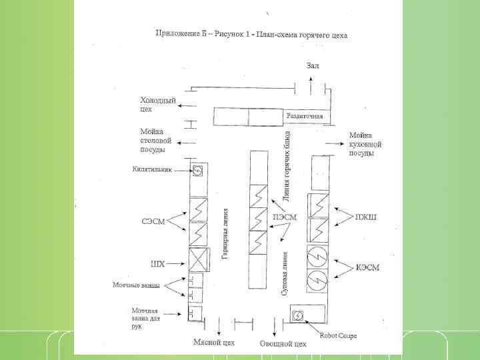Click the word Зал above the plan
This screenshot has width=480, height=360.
tap(313, 65)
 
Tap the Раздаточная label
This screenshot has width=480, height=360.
tap(305, 116)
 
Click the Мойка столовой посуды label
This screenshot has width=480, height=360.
tap(156, 140)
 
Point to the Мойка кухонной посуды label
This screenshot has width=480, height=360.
tap(365, 144)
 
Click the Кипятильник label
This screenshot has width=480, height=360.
tap(152, 169)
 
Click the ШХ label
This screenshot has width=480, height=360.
tap(157, 263)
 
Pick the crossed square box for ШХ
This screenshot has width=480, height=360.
tap(198, 258)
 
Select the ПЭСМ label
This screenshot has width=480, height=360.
tap(285, 217)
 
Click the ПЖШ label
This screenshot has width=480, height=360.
tap(365, 217)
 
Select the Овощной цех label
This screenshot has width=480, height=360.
tap(283, 343)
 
